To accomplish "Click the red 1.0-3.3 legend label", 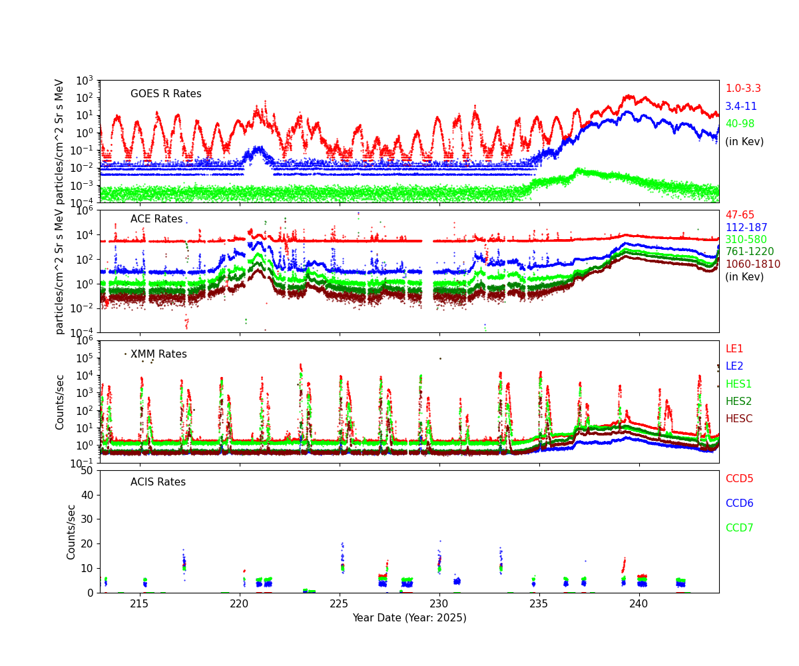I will click(x=742, y=89).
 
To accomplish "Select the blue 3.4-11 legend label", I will click(x=740, y=107).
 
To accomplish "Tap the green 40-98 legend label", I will click(x=740, y=124).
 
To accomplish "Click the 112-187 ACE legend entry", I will click(x=746, y=228).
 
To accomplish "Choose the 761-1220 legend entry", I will click(x=749, y=252).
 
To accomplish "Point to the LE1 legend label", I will click(x=734, y=349).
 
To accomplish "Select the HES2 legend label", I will click(x=738, y=402).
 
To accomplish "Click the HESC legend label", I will click(x=738, y=419).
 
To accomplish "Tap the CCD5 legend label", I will click(x=739, y=479).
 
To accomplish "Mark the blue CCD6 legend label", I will click(x=739, y=503).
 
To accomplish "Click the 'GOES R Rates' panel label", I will click(x=166, y=94).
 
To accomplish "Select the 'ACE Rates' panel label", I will click(x=156, y=219).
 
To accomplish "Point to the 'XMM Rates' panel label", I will click(x=158, y=354).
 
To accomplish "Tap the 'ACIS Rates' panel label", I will click(x=158, y=482).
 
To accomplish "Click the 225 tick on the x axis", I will click(x=340, y=604).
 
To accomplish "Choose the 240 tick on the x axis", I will click(x=639, y=604).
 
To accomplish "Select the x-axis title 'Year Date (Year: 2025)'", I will click(x=409, y=618).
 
